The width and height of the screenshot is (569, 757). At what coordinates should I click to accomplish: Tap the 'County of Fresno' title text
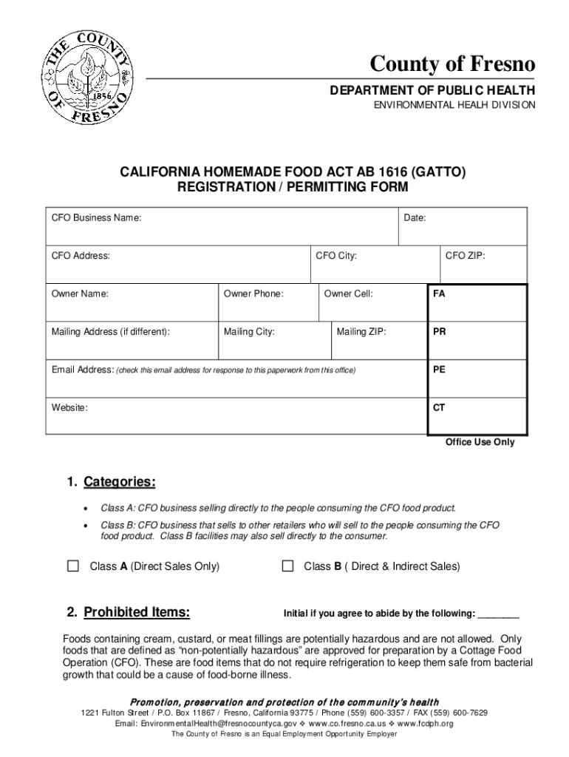pyautogui.click(x=453, y=65)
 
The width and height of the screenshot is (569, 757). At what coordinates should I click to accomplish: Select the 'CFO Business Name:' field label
pyautogui.click(x=96, y=218)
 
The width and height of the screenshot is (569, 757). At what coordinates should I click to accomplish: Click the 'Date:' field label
pyautogui.click(x=415, y=218)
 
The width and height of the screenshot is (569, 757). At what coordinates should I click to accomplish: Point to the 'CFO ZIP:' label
pyautogui.click(x=465, y=256)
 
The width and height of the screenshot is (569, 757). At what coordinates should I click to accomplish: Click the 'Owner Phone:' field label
pyautogui.click(x=253, y=293)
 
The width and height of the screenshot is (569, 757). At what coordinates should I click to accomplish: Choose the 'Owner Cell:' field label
pyautogui.click(x=348, y=293)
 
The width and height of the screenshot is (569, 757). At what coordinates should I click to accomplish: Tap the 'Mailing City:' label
pyautogui.click(x=249, y=332)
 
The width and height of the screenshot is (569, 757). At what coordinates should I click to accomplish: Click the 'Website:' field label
pyautogui.click(x=69, y=407)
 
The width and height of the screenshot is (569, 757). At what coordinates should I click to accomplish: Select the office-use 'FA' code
pyautogui.click(x=439, y=293)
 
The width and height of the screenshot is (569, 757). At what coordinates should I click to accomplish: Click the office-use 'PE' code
pyautogui.click(x=439, y=370)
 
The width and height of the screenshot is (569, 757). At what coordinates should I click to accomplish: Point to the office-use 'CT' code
pyautogui.click(x=439, y=407)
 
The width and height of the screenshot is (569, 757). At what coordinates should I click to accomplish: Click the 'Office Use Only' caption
pyautogui.click(x=480, y=442)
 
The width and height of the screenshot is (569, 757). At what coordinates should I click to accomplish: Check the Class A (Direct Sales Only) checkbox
pyautogui.click(x=73, y=566)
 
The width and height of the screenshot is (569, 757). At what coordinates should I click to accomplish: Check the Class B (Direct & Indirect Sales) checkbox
pyautogui.click(x=287, y=566)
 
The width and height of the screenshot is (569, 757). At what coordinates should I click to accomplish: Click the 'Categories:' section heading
pyautogui.click(x=119, y=483)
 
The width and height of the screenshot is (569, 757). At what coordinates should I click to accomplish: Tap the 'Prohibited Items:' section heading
pyautogui.click(x=137, y=612)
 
